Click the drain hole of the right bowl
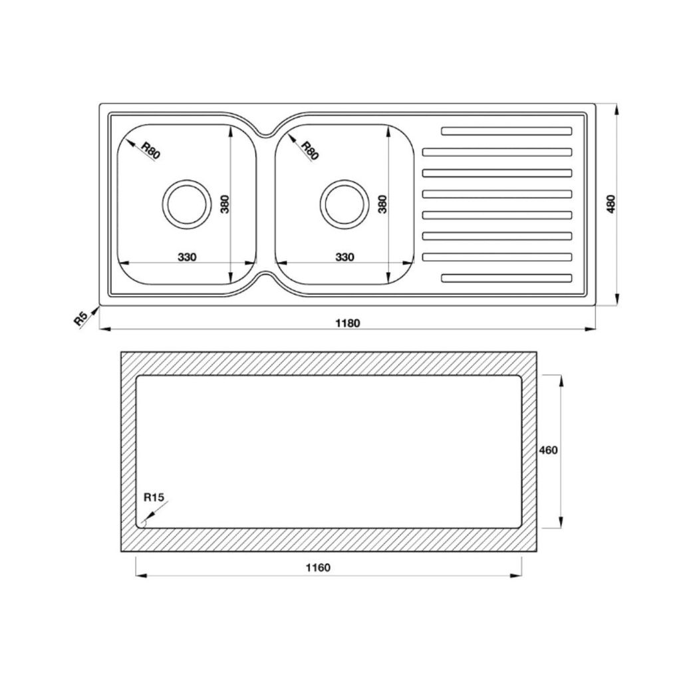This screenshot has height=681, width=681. click(343, 203)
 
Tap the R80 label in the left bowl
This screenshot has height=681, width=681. click(151, 151)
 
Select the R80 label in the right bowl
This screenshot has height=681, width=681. click(310, 151)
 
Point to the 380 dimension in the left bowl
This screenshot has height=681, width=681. click(225, 204)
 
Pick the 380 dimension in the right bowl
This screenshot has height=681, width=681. click(383, 204)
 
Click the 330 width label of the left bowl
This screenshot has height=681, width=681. click(186, 257)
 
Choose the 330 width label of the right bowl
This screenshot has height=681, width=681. click(344, 257)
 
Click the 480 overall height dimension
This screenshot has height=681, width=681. click(612, 204)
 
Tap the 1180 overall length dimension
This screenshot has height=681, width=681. click(347, 323)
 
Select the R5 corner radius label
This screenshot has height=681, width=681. click(81, 319)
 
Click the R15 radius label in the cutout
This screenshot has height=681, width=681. click(154, 496)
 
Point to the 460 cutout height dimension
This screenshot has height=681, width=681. click(548, 450)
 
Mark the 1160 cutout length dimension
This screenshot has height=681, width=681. click(318, 567)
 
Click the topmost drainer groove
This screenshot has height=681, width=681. click(506, 130)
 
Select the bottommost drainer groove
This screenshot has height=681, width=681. click(506, 278)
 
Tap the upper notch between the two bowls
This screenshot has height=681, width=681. click(265, 132)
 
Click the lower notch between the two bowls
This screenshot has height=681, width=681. click(265, 275)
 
